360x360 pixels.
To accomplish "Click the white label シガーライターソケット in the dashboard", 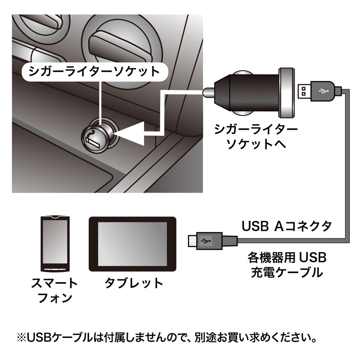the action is pos(94,72).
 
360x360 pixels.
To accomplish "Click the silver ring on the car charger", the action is pos(287,93).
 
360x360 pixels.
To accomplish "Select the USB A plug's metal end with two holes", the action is pos(304,91).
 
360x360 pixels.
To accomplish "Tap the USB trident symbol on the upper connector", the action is pos(323,91).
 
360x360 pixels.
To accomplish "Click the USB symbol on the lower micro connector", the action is pos(206,241).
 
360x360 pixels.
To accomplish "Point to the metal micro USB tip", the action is pos(193,241).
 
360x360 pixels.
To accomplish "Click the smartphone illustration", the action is pos(55,244).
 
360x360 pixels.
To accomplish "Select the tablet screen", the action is pos(132,244).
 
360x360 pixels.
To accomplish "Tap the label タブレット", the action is pos(134,283).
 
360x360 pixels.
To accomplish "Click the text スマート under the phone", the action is pos(54,283).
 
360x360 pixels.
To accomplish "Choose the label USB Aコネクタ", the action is pos(287,226).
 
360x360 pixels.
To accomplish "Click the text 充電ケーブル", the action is pos(287,272).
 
